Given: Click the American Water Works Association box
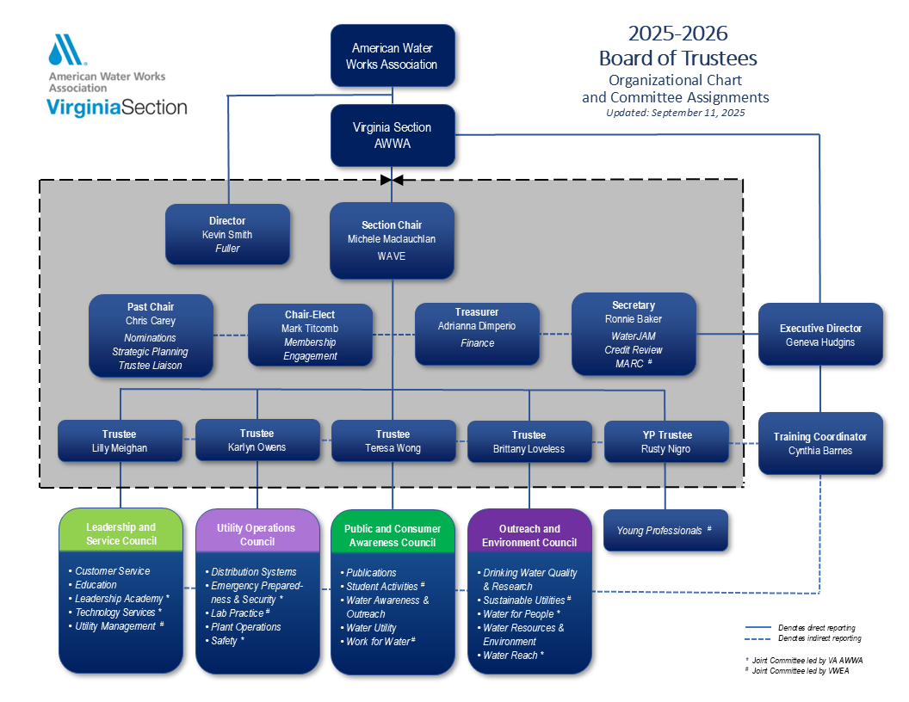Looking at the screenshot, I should (x=393, y=56).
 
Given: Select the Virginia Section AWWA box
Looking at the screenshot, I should (x=393, y=135).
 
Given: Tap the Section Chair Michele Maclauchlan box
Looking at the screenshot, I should (x=392, y=240).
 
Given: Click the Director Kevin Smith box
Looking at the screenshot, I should (x=227, y=234).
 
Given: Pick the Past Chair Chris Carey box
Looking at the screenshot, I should (x=151, y=336).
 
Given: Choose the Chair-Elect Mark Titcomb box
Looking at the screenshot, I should (x=310, y=335).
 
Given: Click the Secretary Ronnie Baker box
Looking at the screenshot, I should (x=634, y=334).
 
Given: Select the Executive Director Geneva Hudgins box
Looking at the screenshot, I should (x=820, y=335).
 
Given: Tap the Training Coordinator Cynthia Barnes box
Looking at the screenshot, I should (x=820, y=443).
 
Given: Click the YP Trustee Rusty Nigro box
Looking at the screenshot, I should (x=666, y=441).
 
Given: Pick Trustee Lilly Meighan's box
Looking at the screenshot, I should (x=120, y=440).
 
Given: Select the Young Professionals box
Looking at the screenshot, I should (x=665, y=531).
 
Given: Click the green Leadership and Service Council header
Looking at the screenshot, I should (x=121, y=533).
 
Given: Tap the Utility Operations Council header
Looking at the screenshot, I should (x=257, y=534).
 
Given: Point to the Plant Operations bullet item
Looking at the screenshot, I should (x=245, y=627).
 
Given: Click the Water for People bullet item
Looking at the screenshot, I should (x=522, y=613).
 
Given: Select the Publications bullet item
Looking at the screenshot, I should (x=370, y=572).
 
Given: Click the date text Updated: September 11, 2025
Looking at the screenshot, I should (x=675, y=113).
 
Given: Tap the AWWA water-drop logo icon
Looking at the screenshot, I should (x=66, y=51).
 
